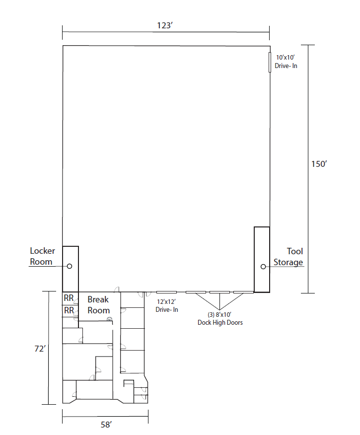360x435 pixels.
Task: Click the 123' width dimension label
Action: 165,25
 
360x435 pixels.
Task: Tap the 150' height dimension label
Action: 319,164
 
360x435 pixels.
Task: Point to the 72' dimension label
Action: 40,349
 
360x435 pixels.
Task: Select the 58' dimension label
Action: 106,425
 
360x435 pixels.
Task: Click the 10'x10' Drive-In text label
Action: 286,62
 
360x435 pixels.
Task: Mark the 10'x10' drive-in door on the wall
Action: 270,62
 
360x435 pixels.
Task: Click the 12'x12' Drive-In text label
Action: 167,305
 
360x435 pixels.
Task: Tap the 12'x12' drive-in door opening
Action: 166,292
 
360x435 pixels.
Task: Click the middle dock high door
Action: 219,292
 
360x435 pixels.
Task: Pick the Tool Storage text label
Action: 288,257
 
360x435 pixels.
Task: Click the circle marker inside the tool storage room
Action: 263,267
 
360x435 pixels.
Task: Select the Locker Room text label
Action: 42,256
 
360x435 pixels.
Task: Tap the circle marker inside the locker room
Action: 70,266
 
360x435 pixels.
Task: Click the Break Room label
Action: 98,304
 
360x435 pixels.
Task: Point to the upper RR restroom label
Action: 69,298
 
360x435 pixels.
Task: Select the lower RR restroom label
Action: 69,310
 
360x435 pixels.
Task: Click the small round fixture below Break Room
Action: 110,319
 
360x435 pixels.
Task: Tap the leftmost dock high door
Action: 196,292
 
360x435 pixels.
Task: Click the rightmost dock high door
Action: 243,292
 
